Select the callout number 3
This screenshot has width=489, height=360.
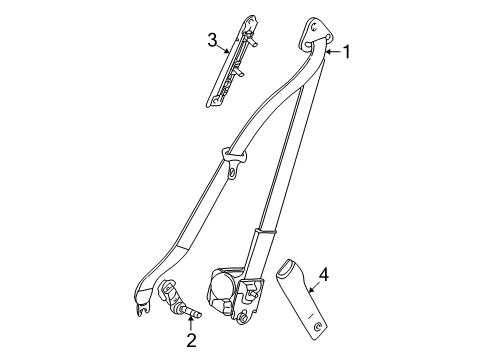[212, 40]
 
